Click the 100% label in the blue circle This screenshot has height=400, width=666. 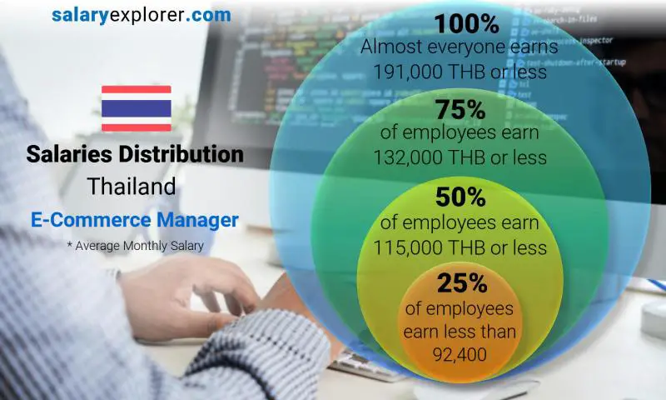(460, 22)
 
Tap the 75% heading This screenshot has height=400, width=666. (460, 109)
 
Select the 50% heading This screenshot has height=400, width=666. (460, 197)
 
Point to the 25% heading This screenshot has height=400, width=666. (460, 283)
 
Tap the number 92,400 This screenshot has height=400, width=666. (460, 356)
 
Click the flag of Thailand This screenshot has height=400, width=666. (136, 108)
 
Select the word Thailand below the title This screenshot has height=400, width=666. (136, 186)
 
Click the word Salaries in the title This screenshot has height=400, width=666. (67, 154)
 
